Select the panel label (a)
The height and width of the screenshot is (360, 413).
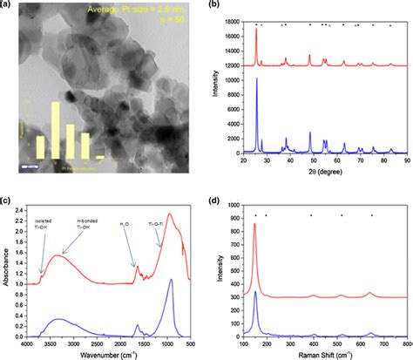[7, 5]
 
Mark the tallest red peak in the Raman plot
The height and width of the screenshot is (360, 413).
[255, 225]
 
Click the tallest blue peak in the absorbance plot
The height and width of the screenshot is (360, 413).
[172, 281]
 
